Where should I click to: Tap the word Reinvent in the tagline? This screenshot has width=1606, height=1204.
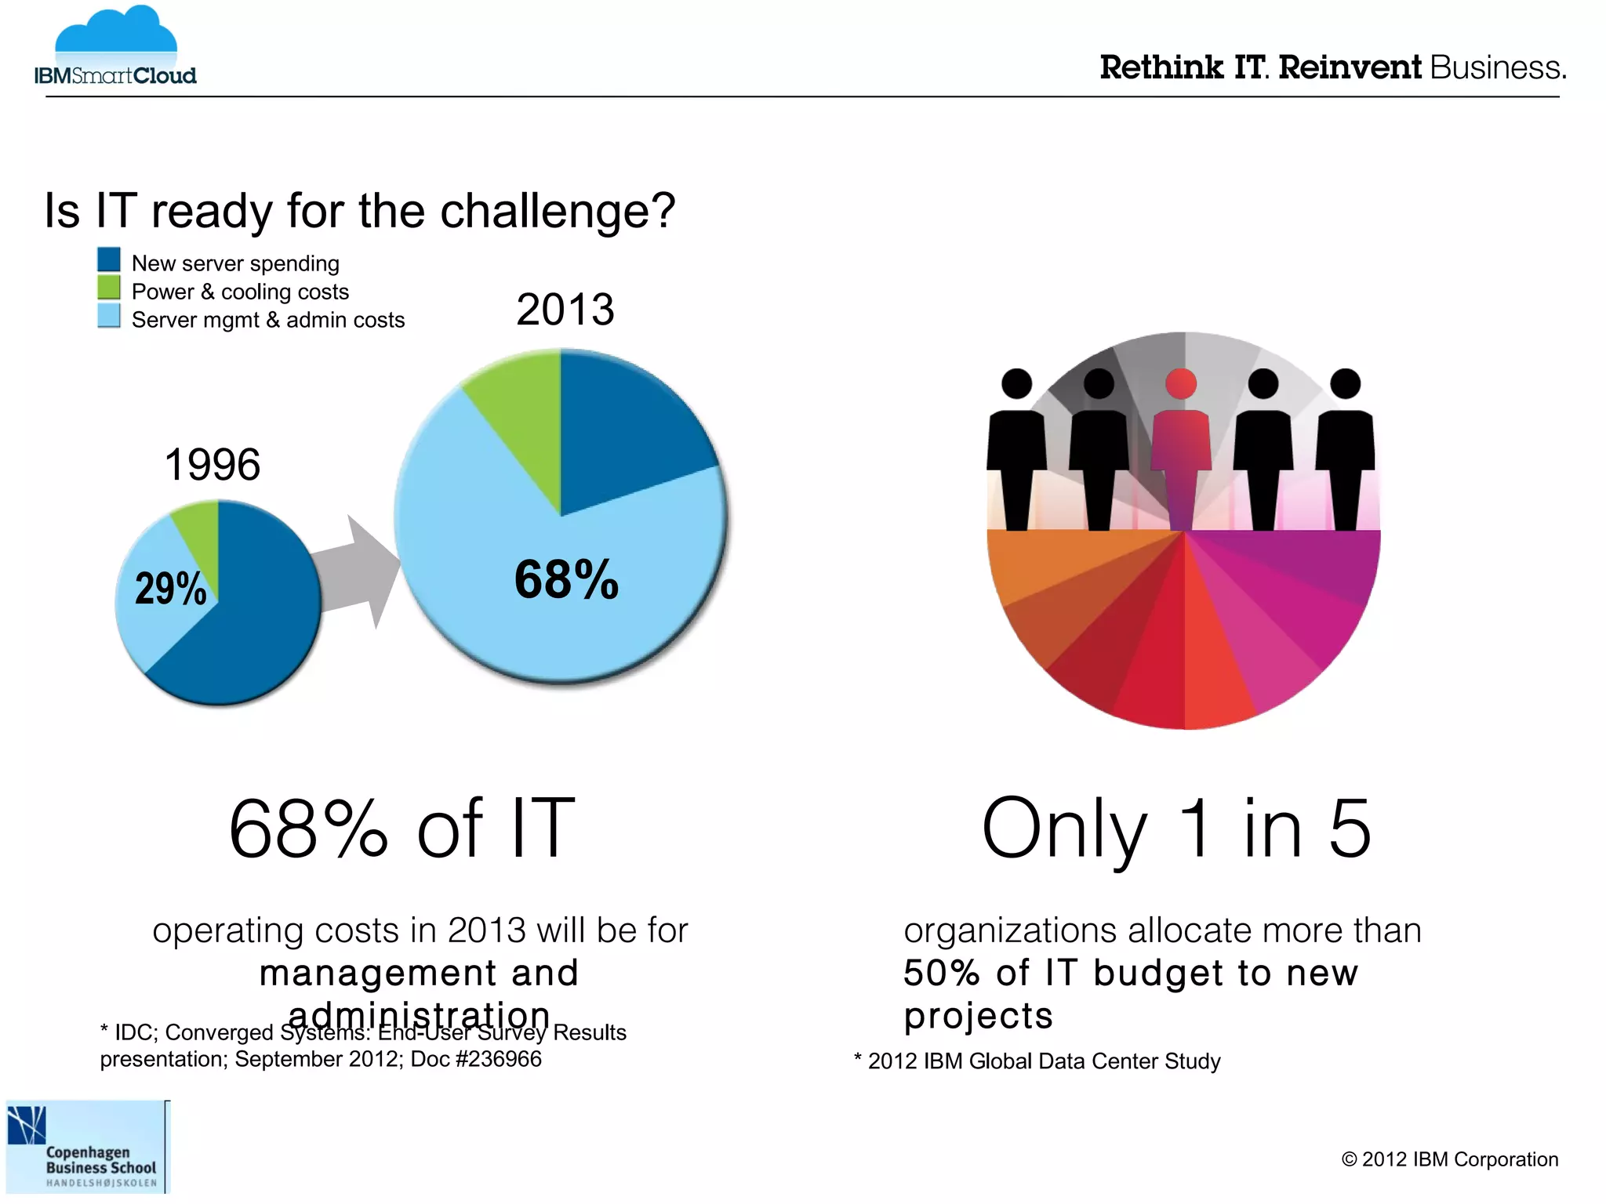[x=1349, y=68]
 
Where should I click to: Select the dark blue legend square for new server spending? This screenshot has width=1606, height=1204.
[x=109, y=259]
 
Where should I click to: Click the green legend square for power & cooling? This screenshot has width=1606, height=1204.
[x=109, y=288]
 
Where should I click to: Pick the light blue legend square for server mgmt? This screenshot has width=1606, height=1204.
[x=109, y=316]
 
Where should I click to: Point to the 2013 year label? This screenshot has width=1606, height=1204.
[x=565, y=310]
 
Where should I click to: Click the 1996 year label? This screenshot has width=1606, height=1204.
[x=213, y=465]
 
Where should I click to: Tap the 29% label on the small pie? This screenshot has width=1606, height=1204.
[x=170, y=589]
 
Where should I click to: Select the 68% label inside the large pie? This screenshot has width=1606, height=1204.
[x=566, y=580]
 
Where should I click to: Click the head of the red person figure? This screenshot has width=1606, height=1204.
[x=1181, y=383]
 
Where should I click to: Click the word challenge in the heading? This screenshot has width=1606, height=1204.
[x=558, y=211]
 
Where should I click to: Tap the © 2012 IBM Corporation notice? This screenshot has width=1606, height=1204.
[x=1449, y=1159]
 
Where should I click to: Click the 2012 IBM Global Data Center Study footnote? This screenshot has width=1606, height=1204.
[x=1037, y=1061]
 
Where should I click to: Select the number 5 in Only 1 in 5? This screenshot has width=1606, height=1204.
[x=1349, y=829]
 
